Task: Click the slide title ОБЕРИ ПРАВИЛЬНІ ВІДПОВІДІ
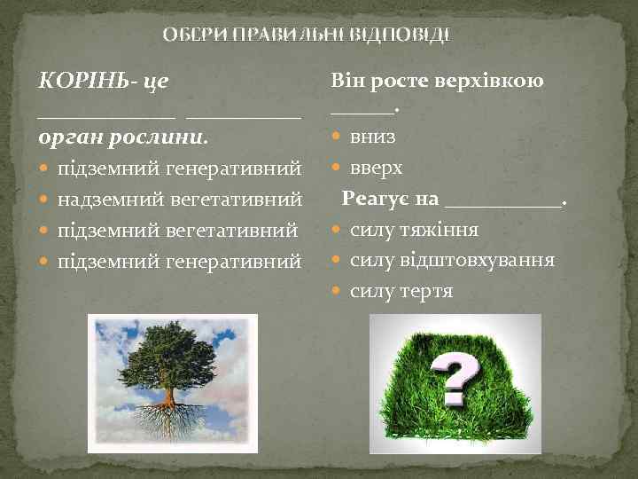point(307,36)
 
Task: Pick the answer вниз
point(373,137)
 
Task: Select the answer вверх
point(377,168)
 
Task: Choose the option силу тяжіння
point(414,230)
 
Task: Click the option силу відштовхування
point(452,260)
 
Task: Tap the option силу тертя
point(401,290)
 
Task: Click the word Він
point(347,81)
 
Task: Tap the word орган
point(66,138)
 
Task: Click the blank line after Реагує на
point(502,202)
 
